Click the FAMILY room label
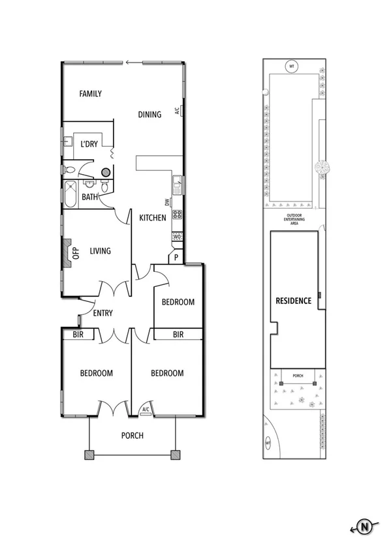pyautogui.click(x=90, y=94)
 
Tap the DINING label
pyautogui.click(x=149, y=115)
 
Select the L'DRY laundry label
pyautogui.click(x=89, y=145)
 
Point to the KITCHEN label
pyautogui.click(x=152, y=218)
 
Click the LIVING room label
pyautogui.click(x=100, y=251)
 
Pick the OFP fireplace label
pyautogui.click(x=75, y=252)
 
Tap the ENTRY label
pyautogui.click(x=102, y=314)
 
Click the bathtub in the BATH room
pyautogui.click(x=70, y=194)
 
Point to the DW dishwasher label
pyautogui.click(x=167, y=202)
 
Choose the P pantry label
pyautogui.click(x=176, y=258)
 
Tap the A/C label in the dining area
pyautogui.click(x=177, y=111)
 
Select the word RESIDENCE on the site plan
pyautogui.click(x=293, y=301)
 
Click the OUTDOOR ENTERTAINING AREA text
pyautogui.click(x=296, y=219)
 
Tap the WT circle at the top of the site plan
pyautogui.click(x=292, y=66)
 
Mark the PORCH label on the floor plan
pyautogui.click(x=133, y=436)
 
